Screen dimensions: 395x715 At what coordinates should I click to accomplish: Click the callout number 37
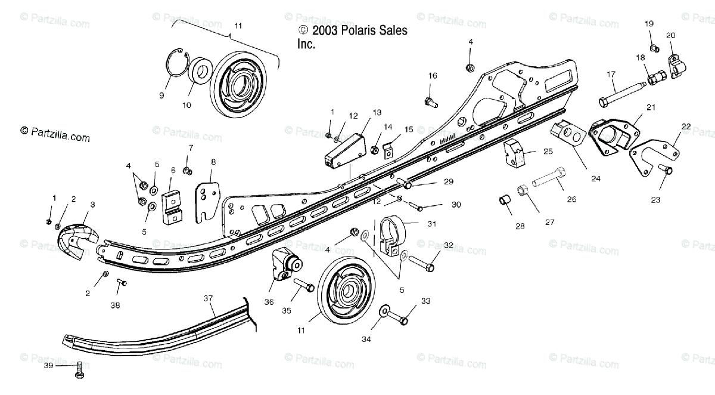pos(208,297)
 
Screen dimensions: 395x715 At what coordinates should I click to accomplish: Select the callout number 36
pos(269,302)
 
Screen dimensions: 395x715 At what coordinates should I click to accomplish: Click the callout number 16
pos(432,75)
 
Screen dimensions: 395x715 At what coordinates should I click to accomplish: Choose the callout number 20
pos(670,35)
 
